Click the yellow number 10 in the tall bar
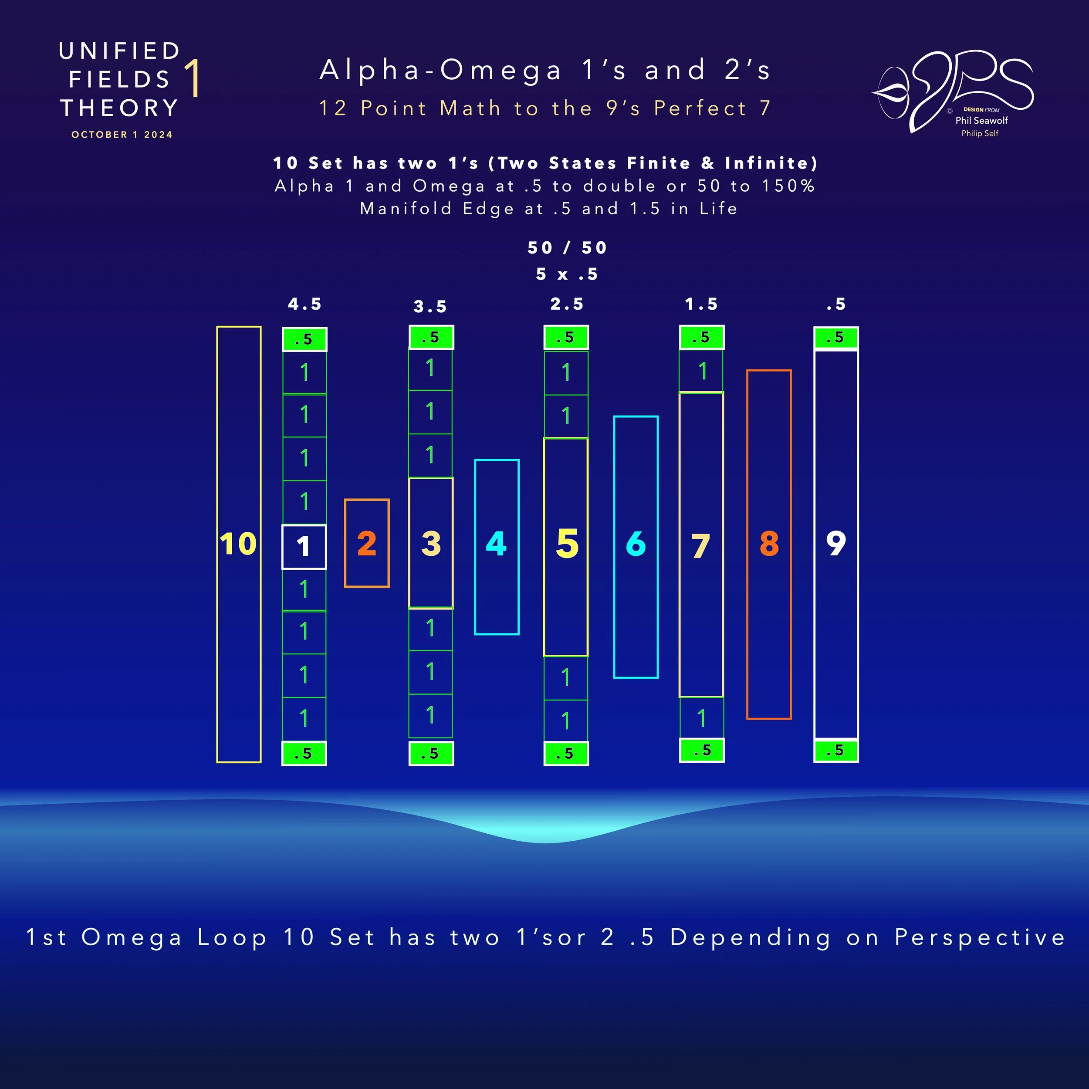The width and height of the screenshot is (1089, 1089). point(238,544)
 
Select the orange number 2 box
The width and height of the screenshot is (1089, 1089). point(366,543)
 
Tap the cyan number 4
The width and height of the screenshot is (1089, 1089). point(496,544)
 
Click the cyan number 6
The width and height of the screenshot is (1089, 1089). point(636,544)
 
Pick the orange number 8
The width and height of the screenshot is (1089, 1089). point(769,544)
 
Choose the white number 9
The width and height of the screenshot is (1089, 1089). point(836,544)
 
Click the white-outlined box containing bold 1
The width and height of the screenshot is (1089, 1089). point(304,547)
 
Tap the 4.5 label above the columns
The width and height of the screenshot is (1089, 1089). point(305,304)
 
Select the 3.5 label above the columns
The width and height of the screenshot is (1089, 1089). point(430,307)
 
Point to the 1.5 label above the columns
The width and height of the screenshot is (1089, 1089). point(702,304)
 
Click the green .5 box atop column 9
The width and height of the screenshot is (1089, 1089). point(836,338)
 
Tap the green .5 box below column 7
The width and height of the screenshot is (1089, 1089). point(702,750)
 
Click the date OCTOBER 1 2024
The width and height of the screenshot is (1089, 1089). point(122,135)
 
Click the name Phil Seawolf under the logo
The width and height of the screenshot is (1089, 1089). point(981,120)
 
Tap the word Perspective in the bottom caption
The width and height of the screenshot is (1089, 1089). point(980,937)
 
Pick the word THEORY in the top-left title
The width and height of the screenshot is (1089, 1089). point(119,108)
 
